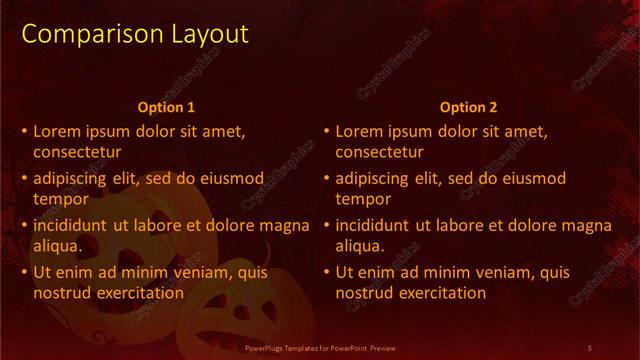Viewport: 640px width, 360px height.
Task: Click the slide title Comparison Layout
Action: pyautogui.click(x=135, y=34)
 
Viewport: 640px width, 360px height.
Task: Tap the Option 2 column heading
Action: pyautogui.click(x=467, y=107)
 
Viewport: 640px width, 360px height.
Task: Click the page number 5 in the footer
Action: pyautogui.click(x=590, y=347)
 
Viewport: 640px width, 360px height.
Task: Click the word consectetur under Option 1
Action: pyautogui.click(x=77, y=153)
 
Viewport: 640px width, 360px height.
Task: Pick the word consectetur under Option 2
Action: pyautogui.click(x=379, y=153)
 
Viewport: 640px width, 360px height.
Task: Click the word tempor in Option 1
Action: pyautogui.click(x=57, y=199)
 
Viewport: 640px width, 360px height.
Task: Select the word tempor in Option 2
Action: pyautogui.click(x=359, y=199)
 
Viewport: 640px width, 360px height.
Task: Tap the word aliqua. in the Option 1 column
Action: pyautogui.click(x=57, y=245)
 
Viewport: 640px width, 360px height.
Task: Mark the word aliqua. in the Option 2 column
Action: pyautogui.click(x=359, y=245)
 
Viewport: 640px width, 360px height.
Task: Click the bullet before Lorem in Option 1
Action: pyautogui.click(x=24, y=131)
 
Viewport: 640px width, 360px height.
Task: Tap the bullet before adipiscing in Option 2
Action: pyautogui.click(x=326, y=178)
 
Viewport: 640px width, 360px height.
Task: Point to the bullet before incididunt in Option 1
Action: pyautogui.click(x=24, y=225)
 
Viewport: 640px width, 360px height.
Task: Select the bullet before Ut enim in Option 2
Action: pyautogui.click(x=326, y=272)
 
